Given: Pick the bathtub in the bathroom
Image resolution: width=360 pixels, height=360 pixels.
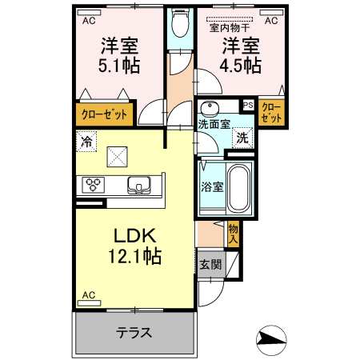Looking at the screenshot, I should [239, 189].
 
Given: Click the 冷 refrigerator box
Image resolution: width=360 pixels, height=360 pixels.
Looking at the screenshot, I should [86, 142].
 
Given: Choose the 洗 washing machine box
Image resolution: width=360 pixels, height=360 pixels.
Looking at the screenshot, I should [242, 137].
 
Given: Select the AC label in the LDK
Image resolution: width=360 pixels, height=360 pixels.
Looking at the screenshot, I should [88, 295].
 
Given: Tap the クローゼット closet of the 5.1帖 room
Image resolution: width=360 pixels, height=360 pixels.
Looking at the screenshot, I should [105, 114].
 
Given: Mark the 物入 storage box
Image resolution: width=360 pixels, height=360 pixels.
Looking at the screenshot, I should [234, 232].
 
